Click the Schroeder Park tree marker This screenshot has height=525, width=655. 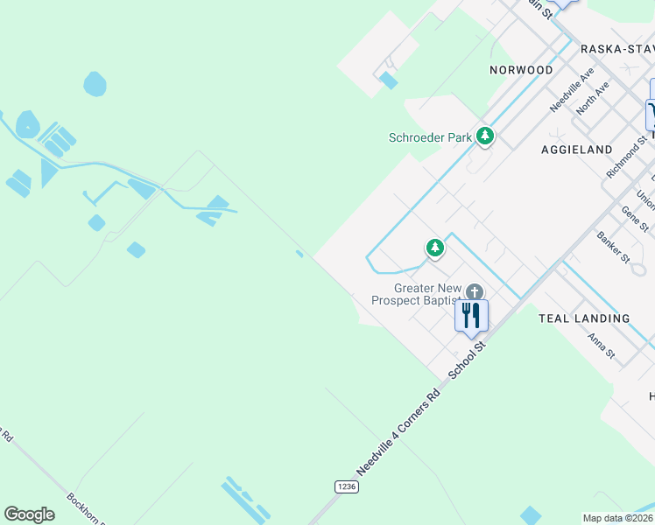click(x=485, y=136)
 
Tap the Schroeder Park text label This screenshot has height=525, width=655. click(x=430, y=137)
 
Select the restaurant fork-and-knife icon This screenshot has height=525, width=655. click(x=471, y=315)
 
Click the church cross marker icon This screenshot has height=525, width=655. click(x=475, y=292)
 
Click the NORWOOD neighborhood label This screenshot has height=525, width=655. click(x=521, y=70)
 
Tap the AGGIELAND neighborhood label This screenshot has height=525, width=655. click(x=576, y=150)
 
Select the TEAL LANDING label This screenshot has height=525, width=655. click(x=583, y=318)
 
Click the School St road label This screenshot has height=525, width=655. click(x=467, y=360)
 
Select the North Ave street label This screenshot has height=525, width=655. click(x=593, y=99)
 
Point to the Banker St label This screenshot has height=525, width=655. click(x=613, y=247)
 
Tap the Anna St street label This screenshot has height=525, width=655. click(x=601, y=347)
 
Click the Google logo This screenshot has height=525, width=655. click(x=30, y=514)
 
